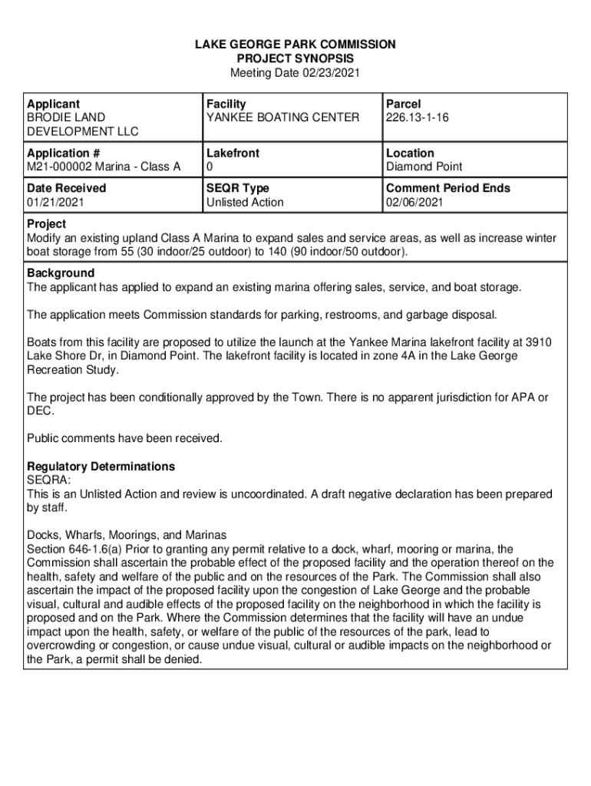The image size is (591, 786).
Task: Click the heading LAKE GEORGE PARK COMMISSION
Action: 295,45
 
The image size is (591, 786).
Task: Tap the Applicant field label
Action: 53,104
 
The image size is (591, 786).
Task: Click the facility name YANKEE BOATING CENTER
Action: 282,117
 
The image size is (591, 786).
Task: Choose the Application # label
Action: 63,153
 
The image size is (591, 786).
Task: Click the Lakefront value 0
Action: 209,167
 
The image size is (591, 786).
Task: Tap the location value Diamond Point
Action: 424,167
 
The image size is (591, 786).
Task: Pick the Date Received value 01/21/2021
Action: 56,203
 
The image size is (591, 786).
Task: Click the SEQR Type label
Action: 237,188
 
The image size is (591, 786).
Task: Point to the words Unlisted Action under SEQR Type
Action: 245,203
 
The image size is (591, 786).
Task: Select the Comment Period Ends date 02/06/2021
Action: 414,203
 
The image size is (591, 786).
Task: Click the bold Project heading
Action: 46,223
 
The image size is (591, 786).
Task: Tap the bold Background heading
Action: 61,273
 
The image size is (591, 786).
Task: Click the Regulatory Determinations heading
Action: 101,467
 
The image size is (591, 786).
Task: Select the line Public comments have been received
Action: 124,438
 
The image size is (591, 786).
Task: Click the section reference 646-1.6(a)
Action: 96,549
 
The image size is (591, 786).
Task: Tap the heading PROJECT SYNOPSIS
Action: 295,58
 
